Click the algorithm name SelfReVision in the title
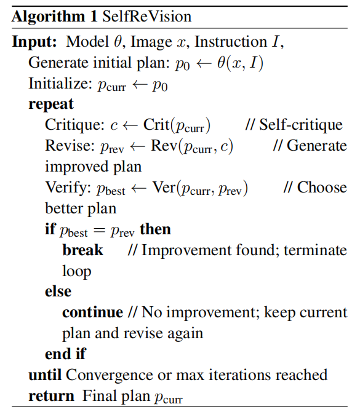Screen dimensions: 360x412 tap(146, 16)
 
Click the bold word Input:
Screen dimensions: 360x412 tap(34, 42)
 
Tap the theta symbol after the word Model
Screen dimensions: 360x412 tap(118, 42)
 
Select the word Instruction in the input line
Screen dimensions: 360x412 tap(231, 42)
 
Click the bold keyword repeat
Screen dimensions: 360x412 tap(51, 105)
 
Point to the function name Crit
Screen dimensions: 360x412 tap(156, 124)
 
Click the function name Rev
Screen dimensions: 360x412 tap(164, 145)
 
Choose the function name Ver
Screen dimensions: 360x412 tap(164, 187)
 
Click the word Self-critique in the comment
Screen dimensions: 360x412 tap(301, 125)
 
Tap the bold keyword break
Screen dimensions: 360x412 tap(82, 250)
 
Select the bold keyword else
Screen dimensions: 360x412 tap(58, 291)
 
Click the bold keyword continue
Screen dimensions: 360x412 tap(92, 312)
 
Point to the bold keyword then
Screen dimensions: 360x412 tap(156, 229)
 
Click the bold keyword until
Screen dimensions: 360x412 tap(45, 375)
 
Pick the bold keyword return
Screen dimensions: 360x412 tap(51, 396)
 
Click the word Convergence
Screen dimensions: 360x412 tap(110, 376)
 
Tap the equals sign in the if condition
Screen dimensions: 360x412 tap(100, 231)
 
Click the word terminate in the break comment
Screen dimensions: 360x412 tap(315, 250)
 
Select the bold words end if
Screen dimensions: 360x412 tap(65, 354)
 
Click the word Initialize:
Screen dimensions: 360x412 tap(60, 84)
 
